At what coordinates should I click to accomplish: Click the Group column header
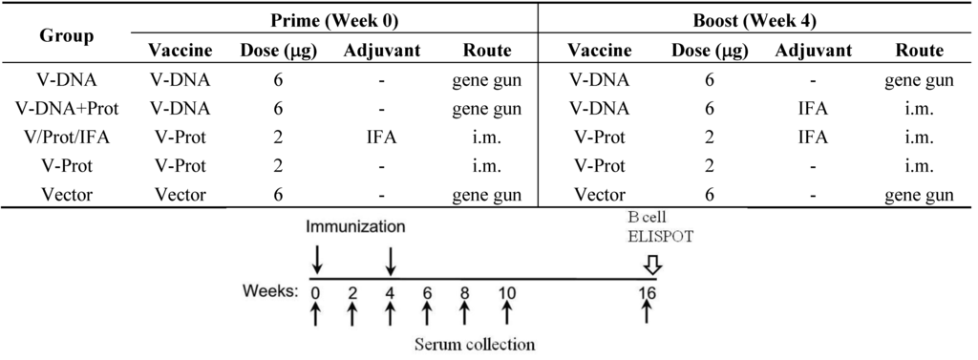click(x=67, y=36)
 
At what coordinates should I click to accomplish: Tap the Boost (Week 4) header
click(x=759, y=19)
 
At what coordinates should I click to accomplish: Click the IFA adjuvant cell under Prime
click(x=381, y=138)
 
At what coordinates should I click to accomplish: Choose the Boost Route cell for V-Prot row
click(x=917, y=166)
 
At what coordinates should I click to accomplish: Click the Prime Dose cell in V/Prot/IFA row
click(x=278, y=138)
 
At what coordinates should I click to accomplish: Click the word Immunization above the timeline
click(x=355, y=228)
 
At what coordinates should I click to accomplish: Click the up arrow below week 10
click(x=506, y=313)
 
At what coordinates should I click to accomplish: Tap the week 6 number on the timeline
click(x=427, y=293)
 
